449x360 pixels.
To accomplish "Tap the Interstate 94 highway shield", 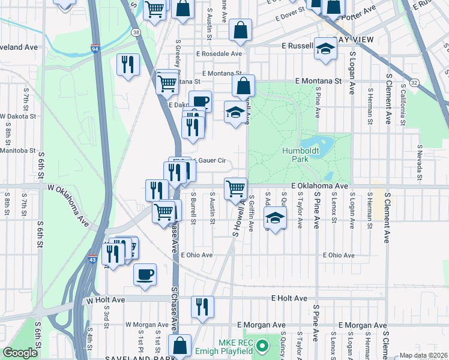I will pos(95,48).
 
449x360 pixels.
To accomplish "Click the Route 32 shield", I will pos(414,81).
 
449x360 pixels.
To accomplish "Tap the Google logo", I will pos(20,352).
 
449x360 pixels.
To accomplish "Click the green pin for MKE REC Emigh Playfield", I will pos(262,346).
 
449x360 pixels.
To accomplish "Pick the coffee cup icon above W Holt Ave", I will pos(145,274).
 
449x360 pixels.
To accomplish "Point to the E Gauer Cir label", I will pos(209,161).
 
